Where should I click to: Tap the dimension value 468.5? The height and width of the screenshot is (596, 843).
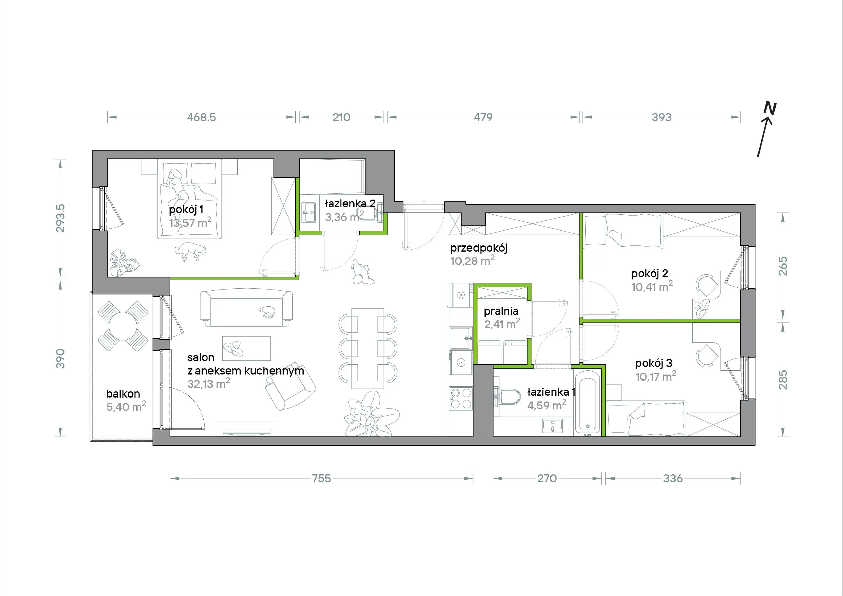coord(201,117)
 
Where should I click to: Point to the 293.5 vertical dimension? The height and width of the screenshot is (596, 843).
coord(60,218)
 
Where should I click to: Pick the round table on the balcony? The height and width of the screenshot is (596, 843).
coord(123,326)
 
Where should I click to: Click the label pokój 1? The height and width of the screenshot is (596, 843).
coord(186,210)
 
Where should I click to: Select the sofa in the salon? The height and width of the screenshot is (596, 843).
coord(246,308)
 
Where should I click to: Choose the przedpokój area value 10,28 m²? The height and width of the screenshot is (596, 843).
coord(472,261)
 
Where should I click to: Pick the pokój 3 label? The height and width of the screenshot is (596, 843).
coord(654,363)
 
